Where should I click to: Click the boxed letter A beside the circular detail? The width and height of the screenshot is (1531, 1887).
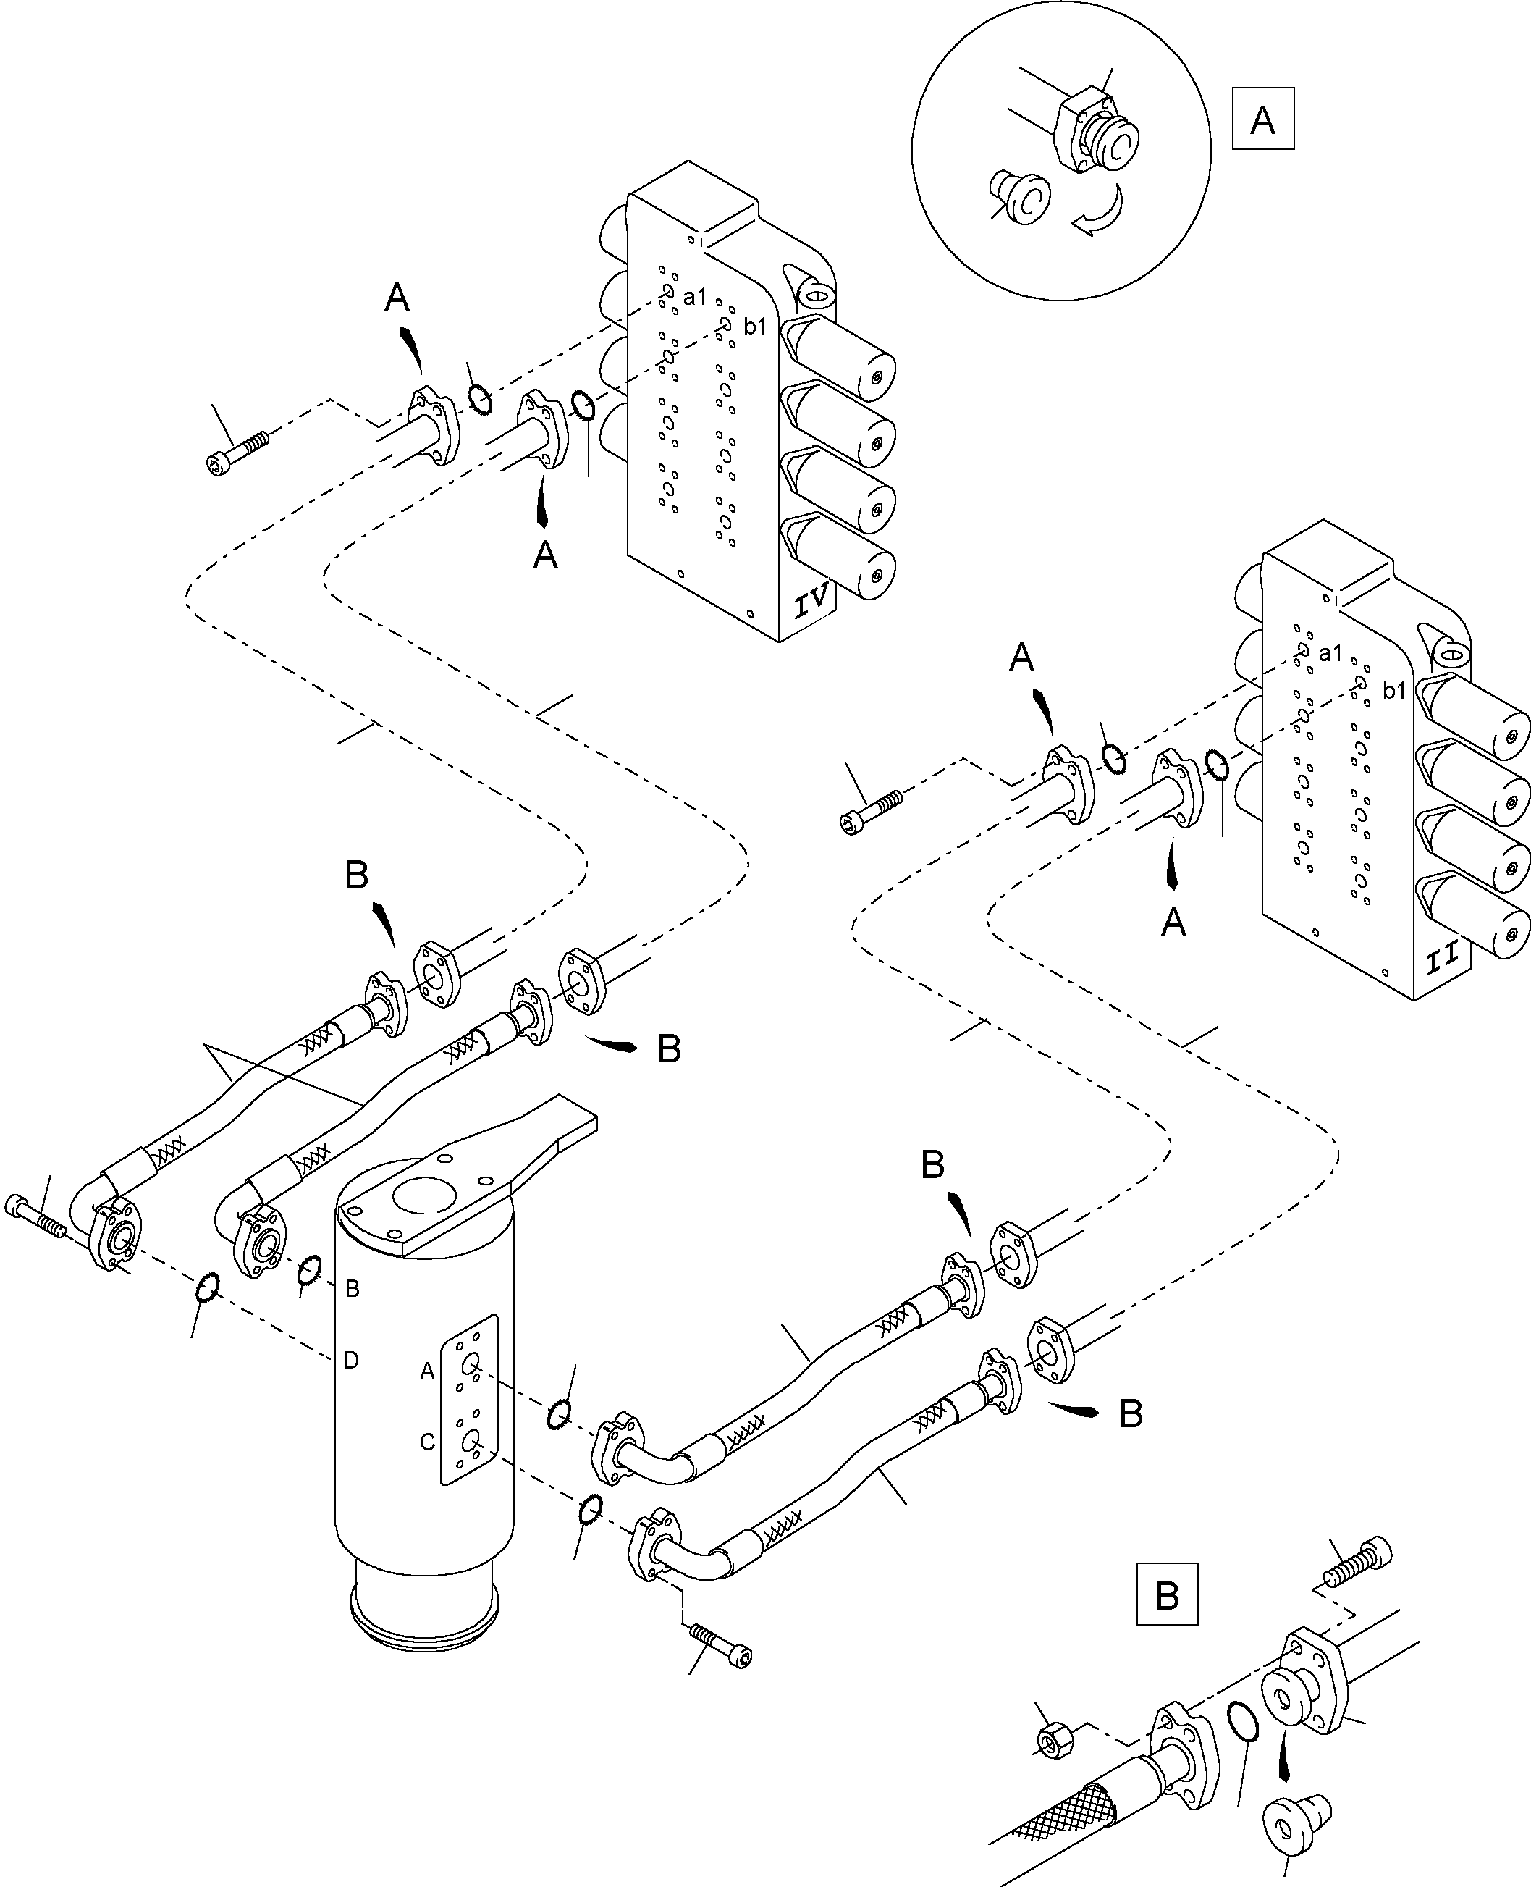point(1262,118)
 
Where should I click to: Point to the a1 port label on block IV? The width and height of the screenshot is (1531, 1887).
point(695,298)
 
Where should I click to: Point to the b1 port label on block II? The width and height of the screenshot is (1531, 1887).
point(1393,691)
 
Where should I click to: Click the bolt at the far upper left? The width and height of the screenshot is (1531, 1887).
point(235,453)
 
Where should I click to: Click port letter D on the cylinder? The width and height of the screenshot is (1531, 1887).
point(351,1361)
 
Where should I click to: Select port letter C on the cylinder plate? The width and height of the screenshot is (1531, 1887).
point(427,1442)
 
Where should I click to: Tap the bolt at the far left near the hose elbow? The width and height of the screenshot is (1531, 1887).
point(35,1216)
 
